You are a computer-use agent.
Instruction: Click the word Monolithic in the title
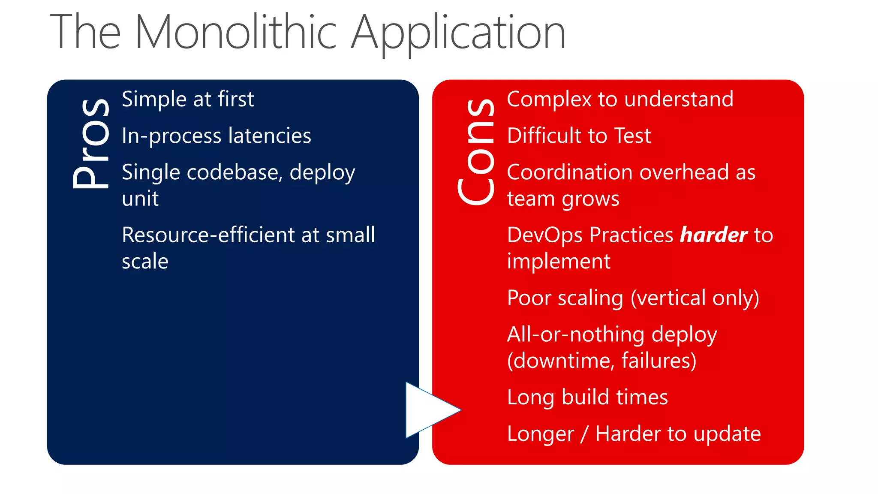[236, 33]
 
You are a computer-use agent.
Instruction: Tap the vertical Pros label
[91, 144]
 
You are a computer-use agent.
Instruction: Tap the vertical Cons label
[476, 152]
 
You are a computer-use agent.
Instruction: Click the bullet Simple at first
[188, 99]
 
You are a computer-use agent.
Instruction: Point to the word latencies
[270, 136]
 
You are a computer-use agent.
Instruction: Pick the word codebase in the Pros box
[234, 172]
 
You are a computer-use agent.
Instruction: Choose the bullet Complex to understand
[620, 99]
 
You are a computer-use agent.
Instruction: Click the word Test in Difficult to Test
[632, 136]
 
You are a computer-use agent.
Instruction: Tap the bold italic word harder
[713, 235]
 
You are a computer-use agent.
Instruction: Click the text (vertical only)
[695, 298]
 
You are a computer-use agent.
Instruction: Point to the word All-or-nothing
[576, 334]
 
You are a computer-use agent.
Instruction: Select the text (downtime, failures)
[601, 361]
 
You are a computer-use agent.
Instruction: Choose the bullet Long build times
[587, 397]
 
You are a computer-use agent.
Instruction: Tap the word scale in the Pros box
[145, 262]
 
